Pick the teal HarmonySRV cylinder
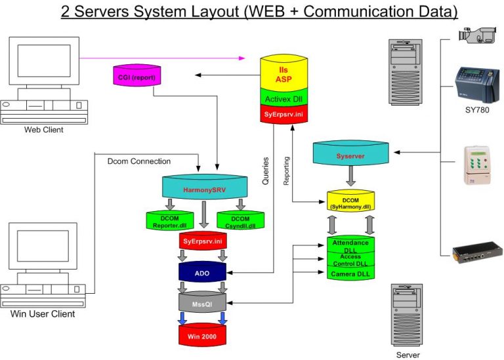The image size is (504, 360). coord(205,188)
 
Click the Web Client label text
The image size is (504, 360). coord(44,130)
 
